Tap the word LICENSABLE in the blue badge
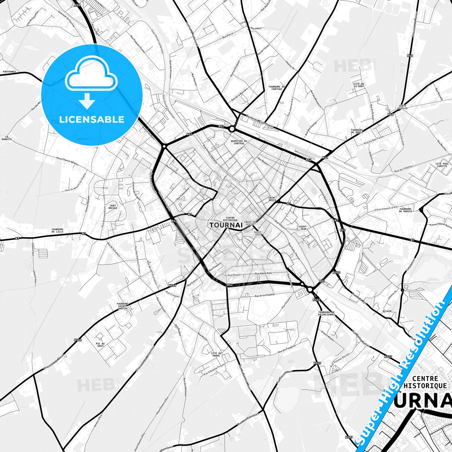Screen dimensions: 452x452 (92, 119)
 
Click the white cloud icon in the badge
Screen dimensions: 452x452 (91, 74)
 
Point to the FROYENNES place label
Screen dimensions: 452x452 (9, 72)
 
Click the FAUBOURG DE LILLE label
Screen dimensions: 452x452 (58, 231)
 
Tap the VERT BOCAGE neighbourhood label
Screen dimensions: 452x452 (113, 207)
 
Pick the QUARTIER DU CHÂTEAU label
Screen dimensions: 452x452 (239, 142)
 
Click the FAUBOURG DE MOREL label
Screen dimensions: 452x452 (357, 131)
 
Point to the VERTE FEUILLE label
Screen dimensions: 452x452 (403, 107)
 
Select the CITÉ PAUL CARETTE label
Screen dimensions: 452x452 (442, 165)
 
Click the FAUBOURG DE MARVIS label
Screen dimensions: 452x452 (406, 210)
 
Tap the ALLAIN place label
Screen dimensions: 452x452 (387, 311)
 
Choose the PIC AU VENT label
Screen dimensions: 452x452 (100, 345)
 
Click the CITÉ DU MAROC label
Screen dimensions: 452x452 (216, 354)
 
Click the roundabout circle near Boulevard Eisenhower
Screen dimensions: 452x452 (232, 129)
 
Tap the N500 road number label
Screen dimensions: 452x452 (337, 272)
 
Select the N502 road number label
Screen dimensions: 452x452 (388, 357)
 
